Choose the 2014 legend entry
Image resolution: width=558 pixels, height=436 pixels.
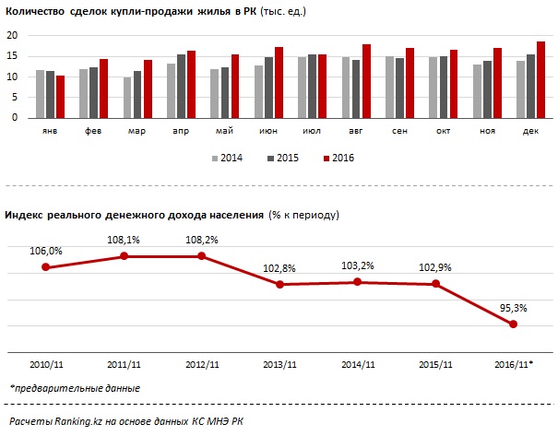click(227, 158)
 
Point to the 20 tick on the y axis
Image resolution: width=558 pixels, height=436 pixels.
click(13, 35)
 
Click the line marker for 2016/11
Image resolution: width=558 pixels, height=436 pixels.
click(513, 324)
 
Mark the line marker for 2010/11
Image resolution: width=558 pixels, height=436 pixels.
click(45, 267)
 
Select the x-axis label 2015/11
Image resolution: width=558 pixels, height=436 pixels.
click(434, 365)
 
